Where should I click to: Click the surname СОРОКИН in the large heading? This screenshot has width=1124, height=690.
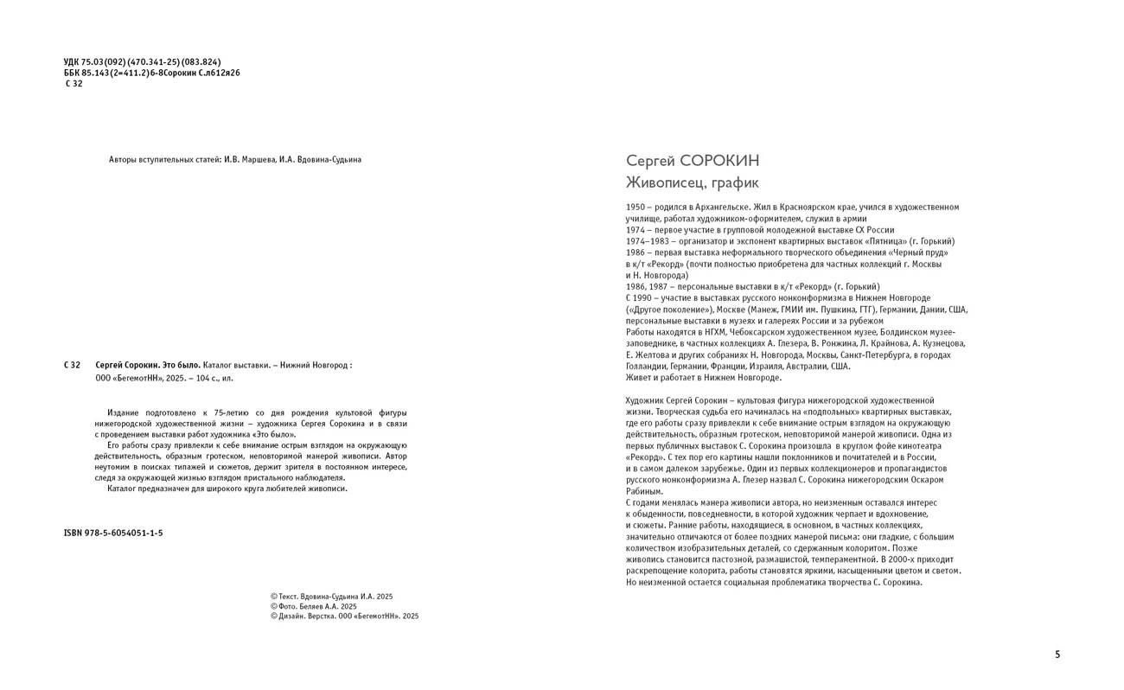coord(720,161)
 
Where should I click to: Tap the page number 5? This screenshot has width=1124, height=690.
coord(1057,655)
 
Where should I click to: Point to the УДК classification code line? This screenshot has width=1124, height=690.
coord(142,61)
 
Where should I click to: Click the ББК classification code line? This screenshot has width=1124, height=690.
coord(151,73)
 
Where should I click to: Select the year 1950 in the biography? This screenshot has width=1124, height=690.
coord(635,208)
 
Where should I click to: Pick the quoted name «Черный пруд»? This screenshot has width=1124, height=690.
coord(918,252)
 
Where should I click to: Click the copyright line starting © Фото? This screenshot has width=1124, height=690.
coord(313,606)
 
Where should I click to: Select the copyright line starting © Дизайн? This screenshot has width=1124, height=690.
coord(344,617)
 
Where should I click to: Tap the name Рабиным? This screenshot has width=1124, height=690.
coord(644,491)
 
